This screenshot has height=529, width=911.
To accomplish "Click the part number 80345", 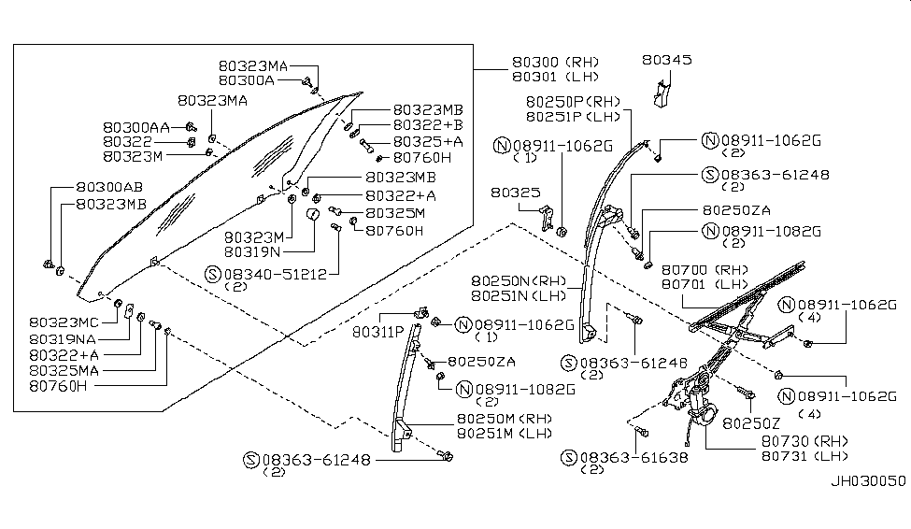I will (x=666, y=59).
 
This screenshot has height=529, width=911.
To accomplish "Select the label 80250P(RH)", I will (x=573, y=101).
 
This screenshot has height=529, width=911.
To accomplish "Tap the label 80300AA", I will (x=136, y=126).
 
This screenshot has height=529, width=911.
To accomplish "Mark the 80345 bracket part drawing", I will (x=662, y=92).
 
